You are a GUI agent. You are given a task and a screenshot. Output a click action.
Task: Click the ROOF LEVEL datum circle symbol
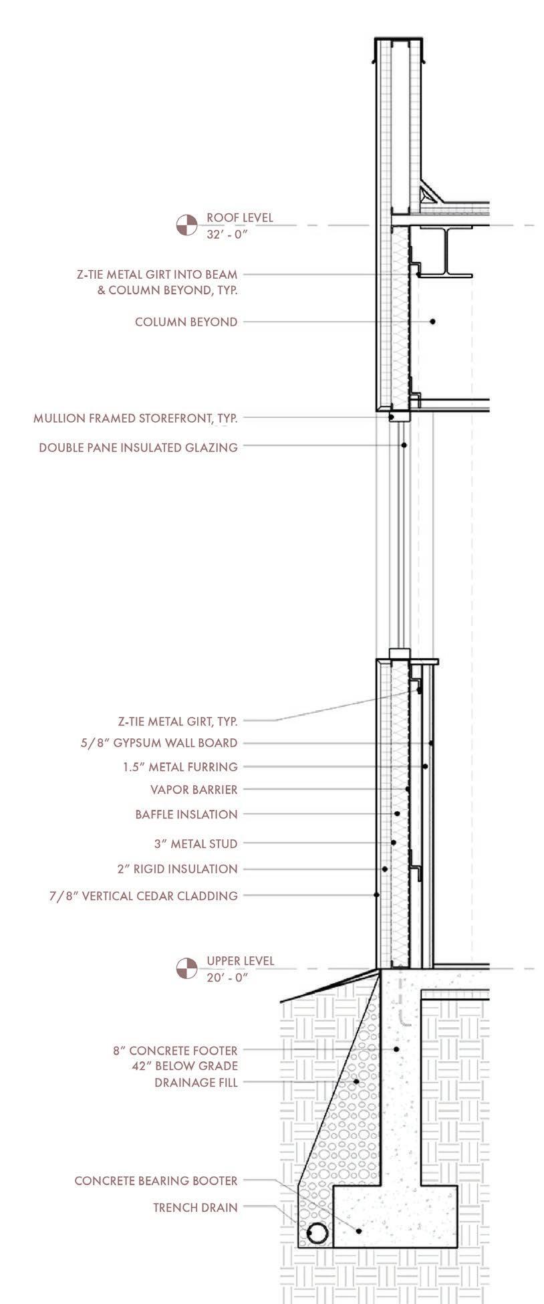coord(186,225)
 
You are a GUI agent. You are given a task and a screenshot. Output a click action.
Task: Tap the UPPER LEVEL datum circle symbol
coord(186,968)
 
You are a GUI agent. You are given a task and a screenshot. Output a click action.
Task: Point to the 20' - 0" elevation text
coord(227,977)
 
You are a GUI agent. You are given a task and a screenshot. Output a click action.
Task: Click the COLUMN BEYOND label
coord(186,322)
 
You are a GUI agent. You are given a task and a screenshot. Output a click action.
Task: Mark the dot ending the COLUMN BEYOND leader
coord(432,322)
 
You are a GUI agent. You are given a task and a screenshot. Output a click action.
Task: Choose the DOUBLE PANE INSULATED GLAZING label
coord(138,447)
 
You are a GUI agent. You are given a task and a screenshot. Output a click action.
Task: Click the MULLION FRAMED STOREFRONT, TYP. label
coord(136,419)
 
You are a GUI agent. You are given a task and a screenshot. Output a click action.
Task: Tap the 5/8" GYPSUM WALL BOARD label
coord(158,742)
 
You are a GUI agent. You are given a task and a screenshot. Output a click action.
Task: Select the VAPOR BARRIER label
coord(194,789)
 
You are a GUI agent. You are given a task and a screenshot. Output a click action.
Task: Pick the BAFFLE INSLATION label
coord(186,814)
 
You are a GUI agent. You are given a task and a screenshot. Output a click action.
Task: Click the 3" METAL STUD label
coord(196,843)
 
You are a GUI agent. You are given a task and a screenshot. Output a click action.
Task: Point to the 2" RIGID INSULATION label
coord(177,869)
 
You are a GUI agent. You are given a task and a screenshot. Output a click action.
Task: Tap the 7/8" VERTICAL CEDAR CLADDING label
coord(143,895)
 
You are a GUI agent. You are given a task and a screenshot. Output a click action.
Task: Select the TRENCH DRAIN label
coord(195,1207)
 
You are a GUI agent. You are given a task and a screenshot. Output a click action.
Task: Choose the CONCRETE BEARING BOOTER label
coord(156,1181)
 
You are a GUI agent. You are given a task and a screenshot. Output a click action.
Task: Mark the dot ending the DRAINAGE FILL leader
coord(357,1081)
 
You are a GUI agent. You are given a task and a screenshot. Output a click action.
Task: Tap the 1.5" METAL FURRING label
coord(180,766)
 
